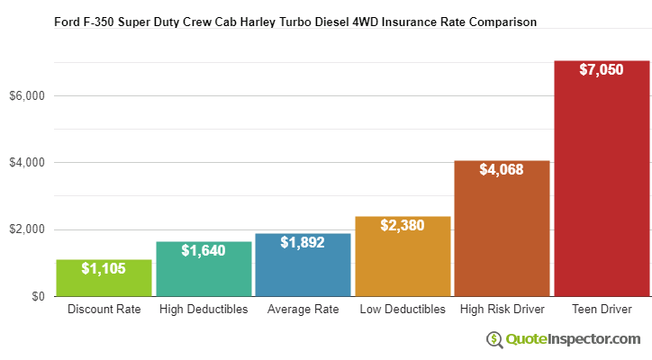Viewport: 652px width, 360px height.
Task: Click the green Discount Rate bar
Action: point(104,279)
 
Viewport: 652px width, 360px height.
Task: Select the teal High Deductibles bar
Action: point(204,270)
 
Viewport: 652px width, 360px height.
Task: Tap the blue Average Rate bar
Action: point(303,266)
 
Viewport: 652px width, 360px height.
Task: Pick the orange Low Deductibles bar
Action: point(403,258)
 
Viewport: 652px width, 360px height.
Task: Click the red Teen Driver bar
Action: point(602,180)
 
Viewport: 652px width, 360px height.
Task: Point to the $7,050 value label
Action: point(602,69)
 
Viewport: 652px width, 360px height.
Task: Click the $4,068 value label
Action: point(502,169)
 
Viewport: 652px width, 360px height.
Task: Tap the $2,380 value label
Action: point(403,225)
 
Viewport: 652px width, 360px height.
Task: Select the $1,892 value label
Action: point(303,242)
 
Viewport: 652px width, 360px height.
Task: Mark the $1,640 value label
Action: point(204,250)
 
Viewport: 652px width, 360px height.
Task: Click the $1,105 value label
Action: point(104,268)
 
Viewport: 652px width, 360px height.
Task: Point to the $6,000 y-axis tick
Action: point(28,95)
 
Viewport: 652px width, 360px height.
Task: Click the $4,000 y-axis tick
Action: point(28,163)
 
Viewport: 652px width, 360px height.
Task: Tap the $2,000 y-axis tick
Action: point(28,229)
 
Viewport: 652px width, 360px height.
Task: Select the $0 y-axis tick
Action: point(38,296)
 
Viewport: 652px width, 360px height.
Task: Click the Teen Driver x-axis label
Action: point(602,310)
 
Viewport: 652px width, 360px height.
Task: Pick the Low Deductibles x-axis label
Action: point(403,310)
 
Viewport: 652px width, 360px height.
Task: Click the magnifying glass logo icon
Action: point(494,339)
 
